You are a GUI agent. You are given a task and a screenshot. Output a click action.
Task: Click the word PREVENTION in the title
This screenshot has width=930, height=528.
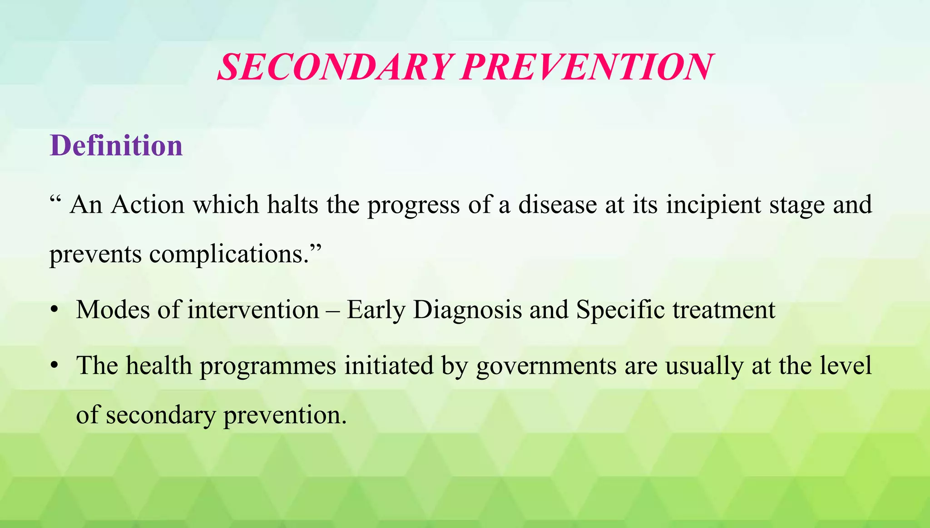point(587,68)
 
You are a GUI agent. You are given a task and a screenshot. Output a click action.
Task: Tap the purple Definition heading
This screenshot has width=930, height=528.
point(116,146)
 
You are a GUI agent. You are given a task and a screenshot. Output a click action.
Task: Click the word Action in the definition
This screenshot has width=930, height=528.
point(148,205)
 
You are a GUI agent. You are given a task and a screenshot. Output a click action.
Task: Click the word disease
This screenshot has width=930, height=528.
point(558,205)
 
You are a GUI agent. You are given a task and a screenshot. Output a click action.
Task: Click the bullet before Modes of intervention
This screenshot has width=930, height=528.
point(54,310)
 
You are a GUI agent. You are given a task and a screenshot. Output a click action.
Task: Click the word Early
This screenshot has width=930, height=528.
point(376,311)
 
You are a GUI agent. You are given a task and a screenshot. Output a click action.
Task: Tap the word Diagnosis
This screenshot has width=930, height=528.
point(468,311)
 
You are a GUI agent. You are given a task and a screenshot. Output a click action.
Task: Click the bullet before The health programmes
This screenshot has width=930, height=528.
point(54,366)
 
